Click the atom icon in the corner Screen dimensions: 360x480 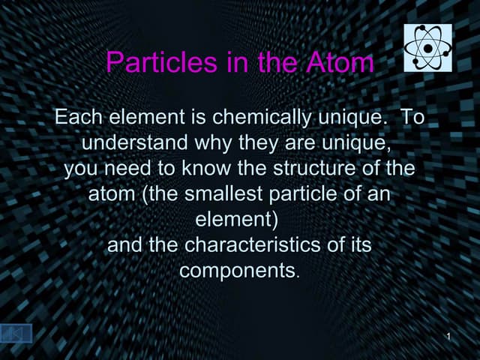pos(428,47)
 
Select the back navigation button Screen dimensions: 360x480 pos(16,333)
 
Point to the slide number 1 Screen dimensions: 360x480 pos(448,334)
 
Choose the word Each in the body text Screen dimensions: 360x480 pos(79,118)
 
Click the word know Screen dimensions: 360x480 pos(201,168)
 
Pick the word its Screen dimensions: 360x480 pos(358,244)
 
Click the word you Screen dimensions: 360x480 pos(81,168)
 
